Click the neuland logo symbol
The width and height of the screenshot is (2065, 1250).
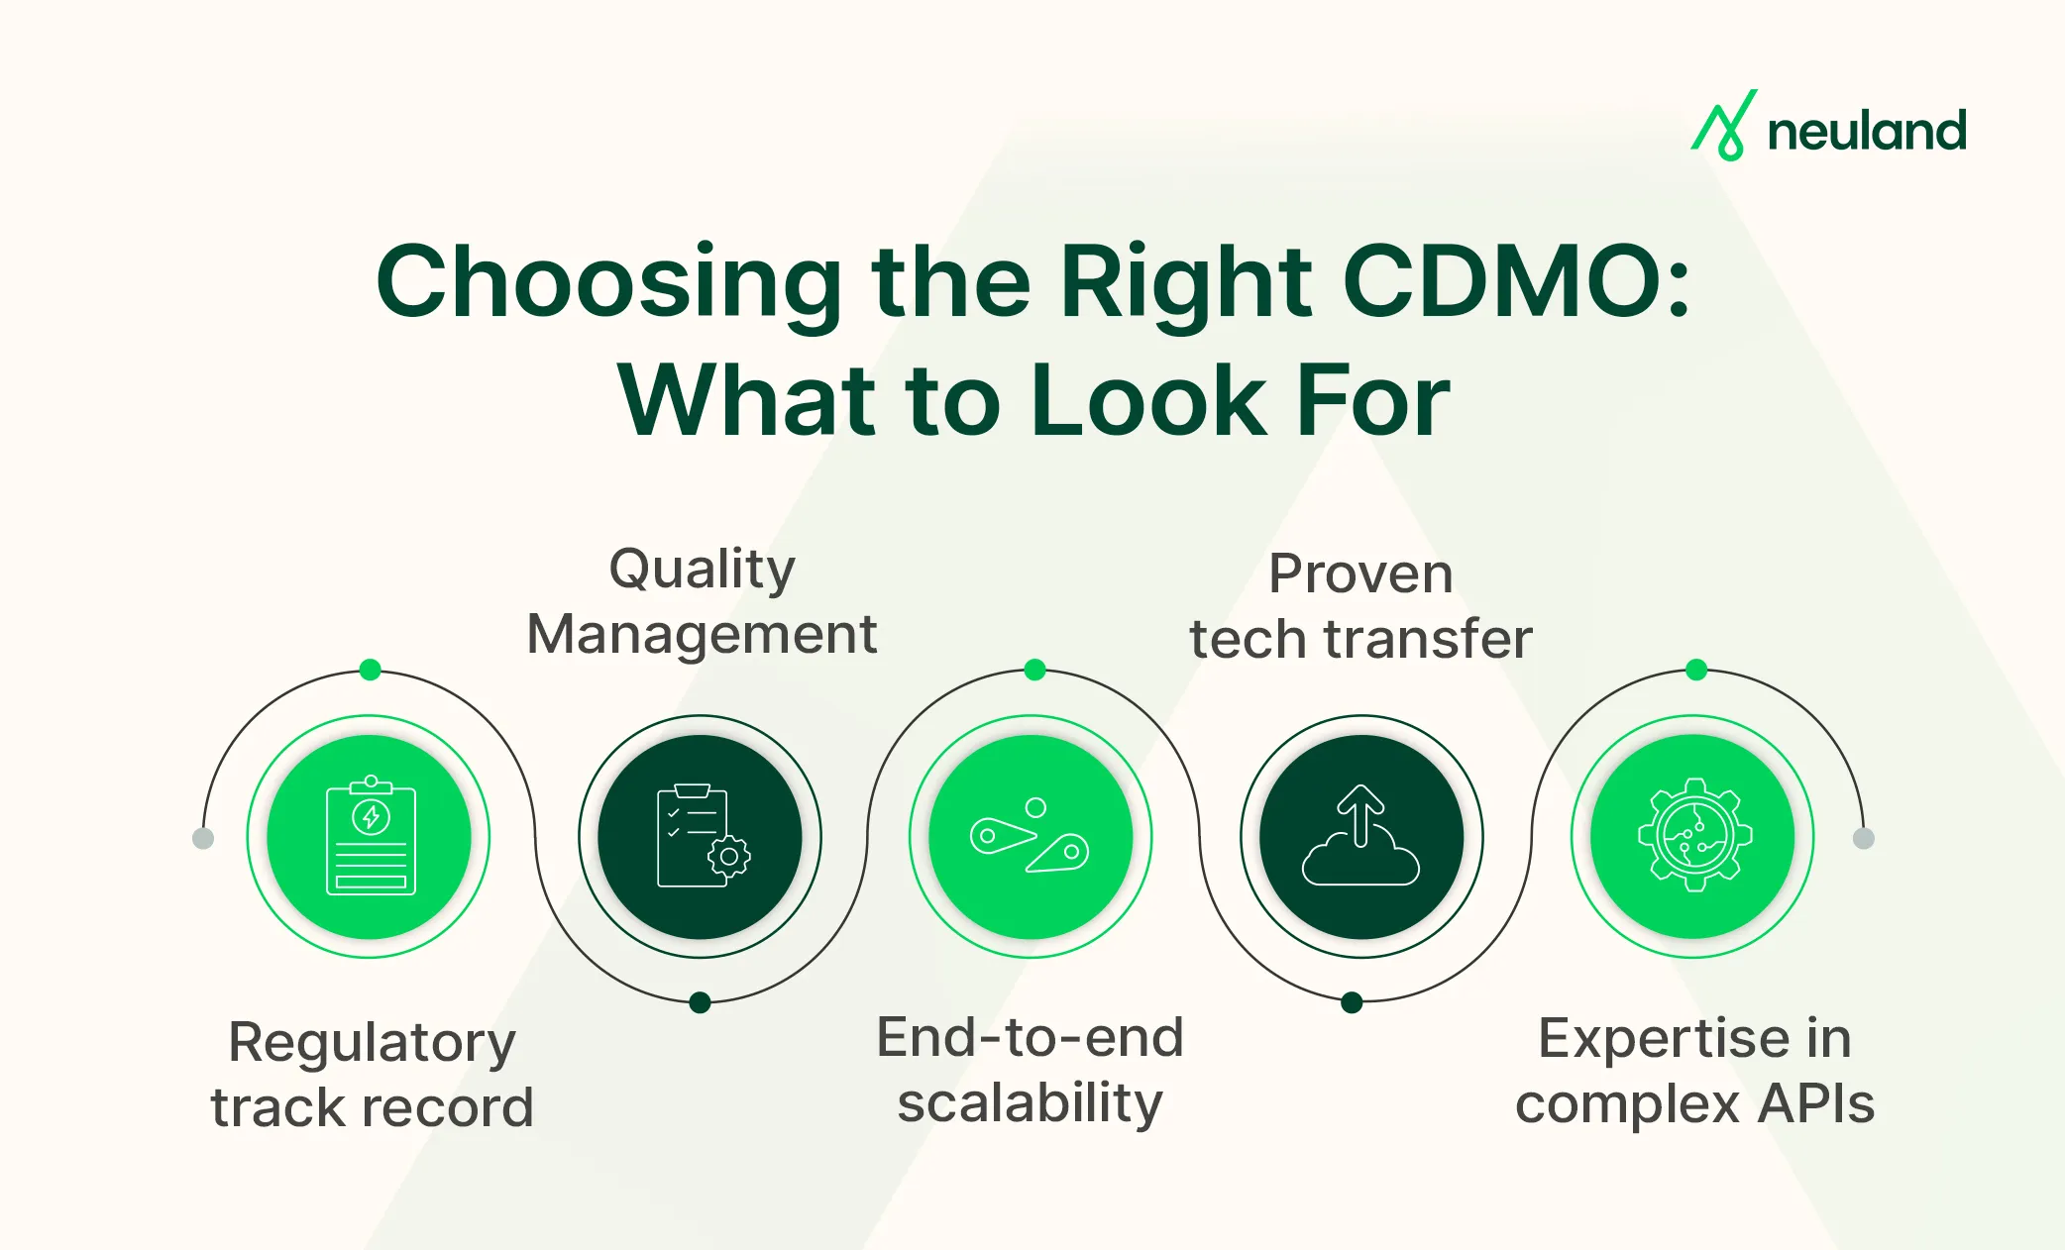tap(1724, 127)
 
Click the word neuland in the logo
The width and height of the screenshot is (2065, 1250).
tap(1867, 132)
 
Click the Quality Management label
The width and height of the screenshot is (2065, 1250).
tap(702, 601)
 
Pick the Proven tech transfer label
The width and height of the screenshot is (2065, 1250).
tap(1360, 606)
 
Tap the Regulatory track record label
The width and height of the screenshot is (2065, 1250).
tap(372, 1074)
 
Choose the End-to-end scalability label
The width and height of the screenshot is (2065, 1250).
tap(1031, 1070)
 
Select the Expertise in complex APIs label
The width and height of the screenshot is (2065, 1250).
tap(1694, 1071)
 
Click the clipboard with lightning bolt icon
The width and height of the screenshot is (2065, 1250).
tap(371, 836)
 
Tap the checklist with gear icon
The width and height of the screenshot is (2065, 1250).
tap(702, 836)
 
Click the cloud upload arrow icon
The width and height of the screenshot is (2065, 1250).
tap(1360, 836)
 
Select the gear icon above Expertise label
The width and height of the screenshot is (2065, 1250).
tap(1694, 835)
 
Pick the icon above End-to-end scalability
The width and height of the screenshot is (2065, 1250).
tap(1031, 836)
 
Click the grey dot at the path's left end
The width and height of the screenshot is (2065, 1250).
tap(203, 839)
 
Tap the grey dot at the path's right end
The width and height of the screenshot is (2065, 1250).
tap(1863, 839)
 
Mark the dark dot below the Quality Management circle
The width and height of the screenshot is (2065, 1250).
tap(700, 1002)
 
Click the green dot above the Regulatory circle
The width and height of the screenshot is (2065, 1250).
tap(371, 670)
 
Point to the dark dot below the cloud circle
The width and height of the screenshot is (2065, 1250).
tap(1352, 1002)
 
